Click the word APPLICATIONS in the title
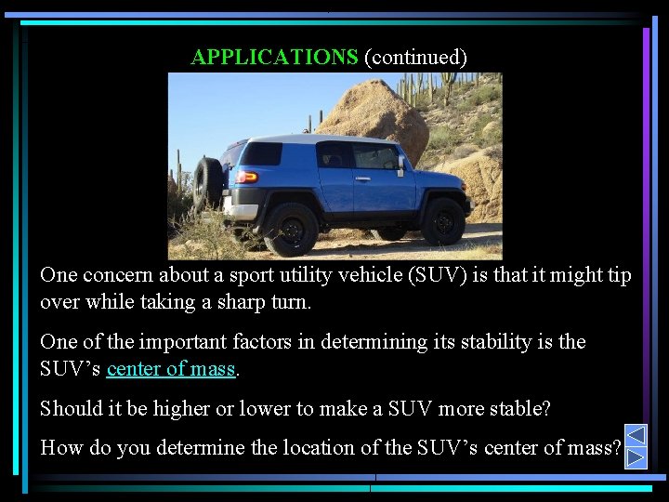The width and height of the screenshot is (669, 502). point(274,58)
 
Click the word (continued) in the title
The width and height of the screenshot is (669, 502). point(415,58)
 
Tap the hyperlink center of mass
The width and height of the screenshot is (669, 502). point(171,369)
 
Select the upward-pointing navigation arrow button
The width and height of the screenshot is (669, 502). point(636,435)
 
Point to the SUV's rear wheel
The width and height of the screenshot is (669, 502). point(290,229)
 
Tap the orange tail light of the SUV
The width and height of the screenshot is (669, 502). point(246,177)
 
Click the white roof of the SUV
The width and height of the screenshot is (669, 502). point(307,139)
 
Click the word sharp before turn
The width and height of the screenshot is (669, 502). point(221,303)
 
